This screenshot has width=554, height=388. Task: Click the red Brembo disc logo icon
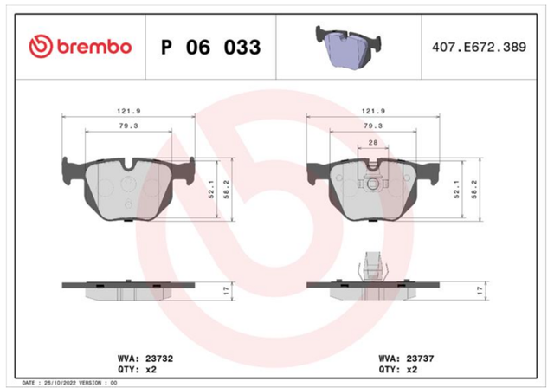[41, 46]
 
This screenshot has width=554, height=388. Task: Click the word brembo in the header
[94, 47]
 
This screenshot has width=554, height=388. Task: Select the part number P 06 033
[211, 47]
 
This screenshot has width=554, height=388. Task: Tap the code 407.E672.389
[479, 47]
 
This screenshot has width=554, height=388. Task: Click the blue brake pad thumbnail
[348, 47]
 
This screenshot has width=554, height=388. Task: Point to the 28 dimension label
[373, 142]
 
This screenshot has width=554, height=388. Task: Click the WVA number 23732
[159, 359]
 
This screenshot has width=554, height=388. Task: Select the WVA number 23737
[420, 359]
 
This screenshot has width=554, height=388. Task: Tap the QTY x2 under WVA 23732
[137, 370]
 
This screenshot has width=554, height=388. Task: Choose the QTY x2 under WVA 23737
[398, 370]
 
